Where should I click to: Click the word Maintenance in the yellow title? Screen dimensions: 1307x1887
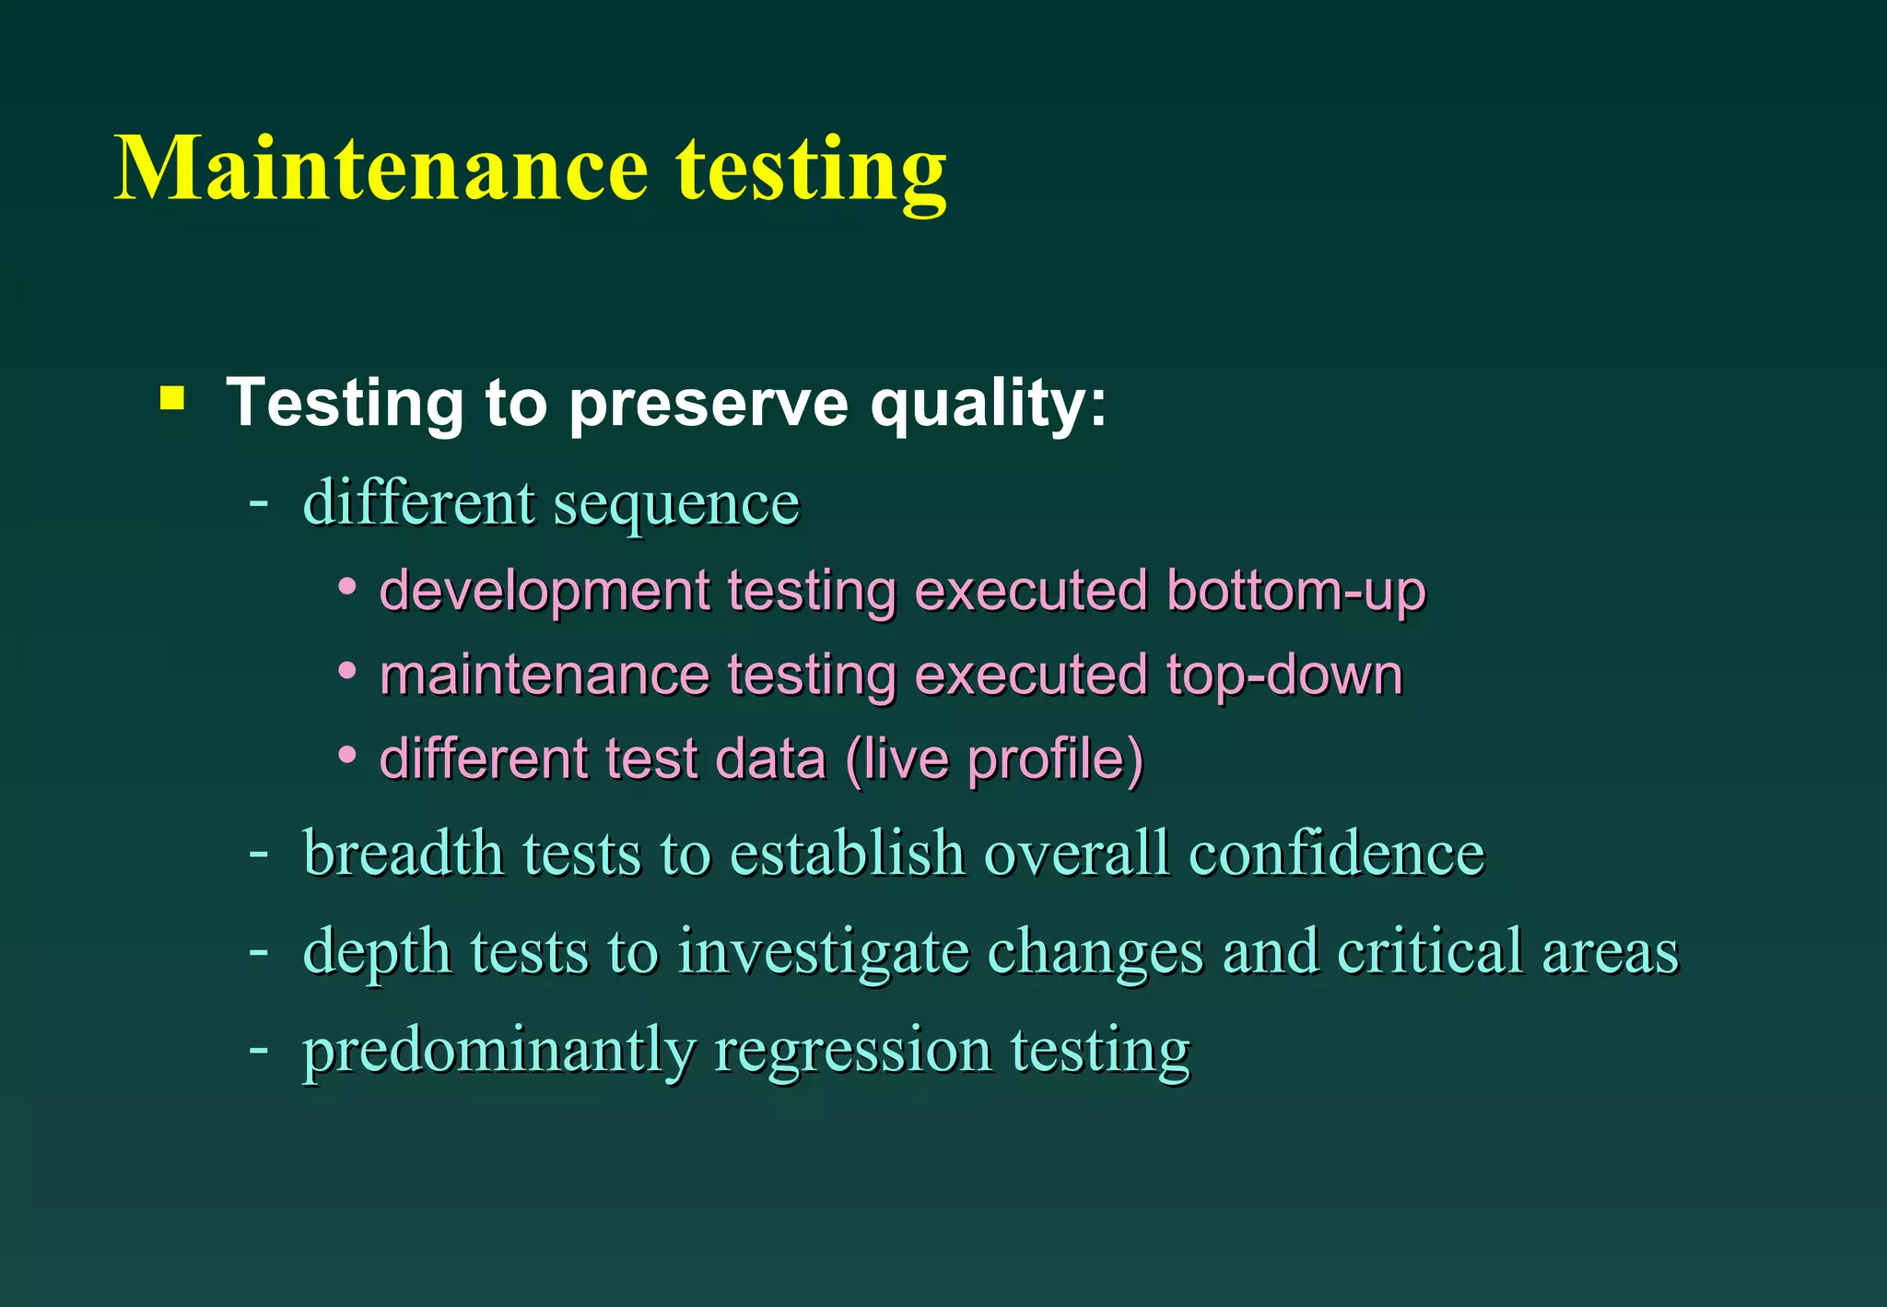click(381, 169)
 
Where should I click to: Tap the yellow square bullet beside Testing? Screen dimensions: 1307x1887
click(172, 398)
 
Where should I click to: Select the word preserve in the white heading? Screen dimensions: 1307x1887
click(708, 404)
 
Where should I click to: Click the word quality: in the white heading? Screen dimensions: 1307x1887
click(989, 404)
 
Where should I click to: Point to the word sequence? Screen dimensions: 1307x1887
click(676, 505)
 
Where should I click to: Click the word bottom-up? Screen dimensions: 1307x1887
click(1295, 591)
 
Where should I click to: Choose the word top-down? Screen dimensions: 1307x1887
click(1284, 676)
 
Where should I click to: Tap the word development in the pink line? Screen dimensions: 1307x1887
click(545, 591)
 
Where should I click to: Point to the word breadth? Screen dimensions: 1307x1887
click(404, 853)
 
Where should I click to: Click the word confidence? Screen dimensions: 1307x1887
click(1336, 853)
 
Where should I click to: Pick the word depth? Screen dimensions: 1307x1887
click(378, 952)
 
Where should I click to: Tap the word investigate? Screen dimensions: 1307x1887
click(824, 952)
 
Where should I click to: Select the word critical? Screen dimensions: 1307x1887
click(1430, 950)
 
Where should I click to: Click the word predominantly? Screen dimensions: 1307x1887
click(499, 1051)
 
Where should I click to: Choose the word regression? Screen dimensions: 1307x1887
click(853, 1051)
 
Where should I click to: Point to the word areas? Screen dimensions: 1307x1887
click(1611, 952)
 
